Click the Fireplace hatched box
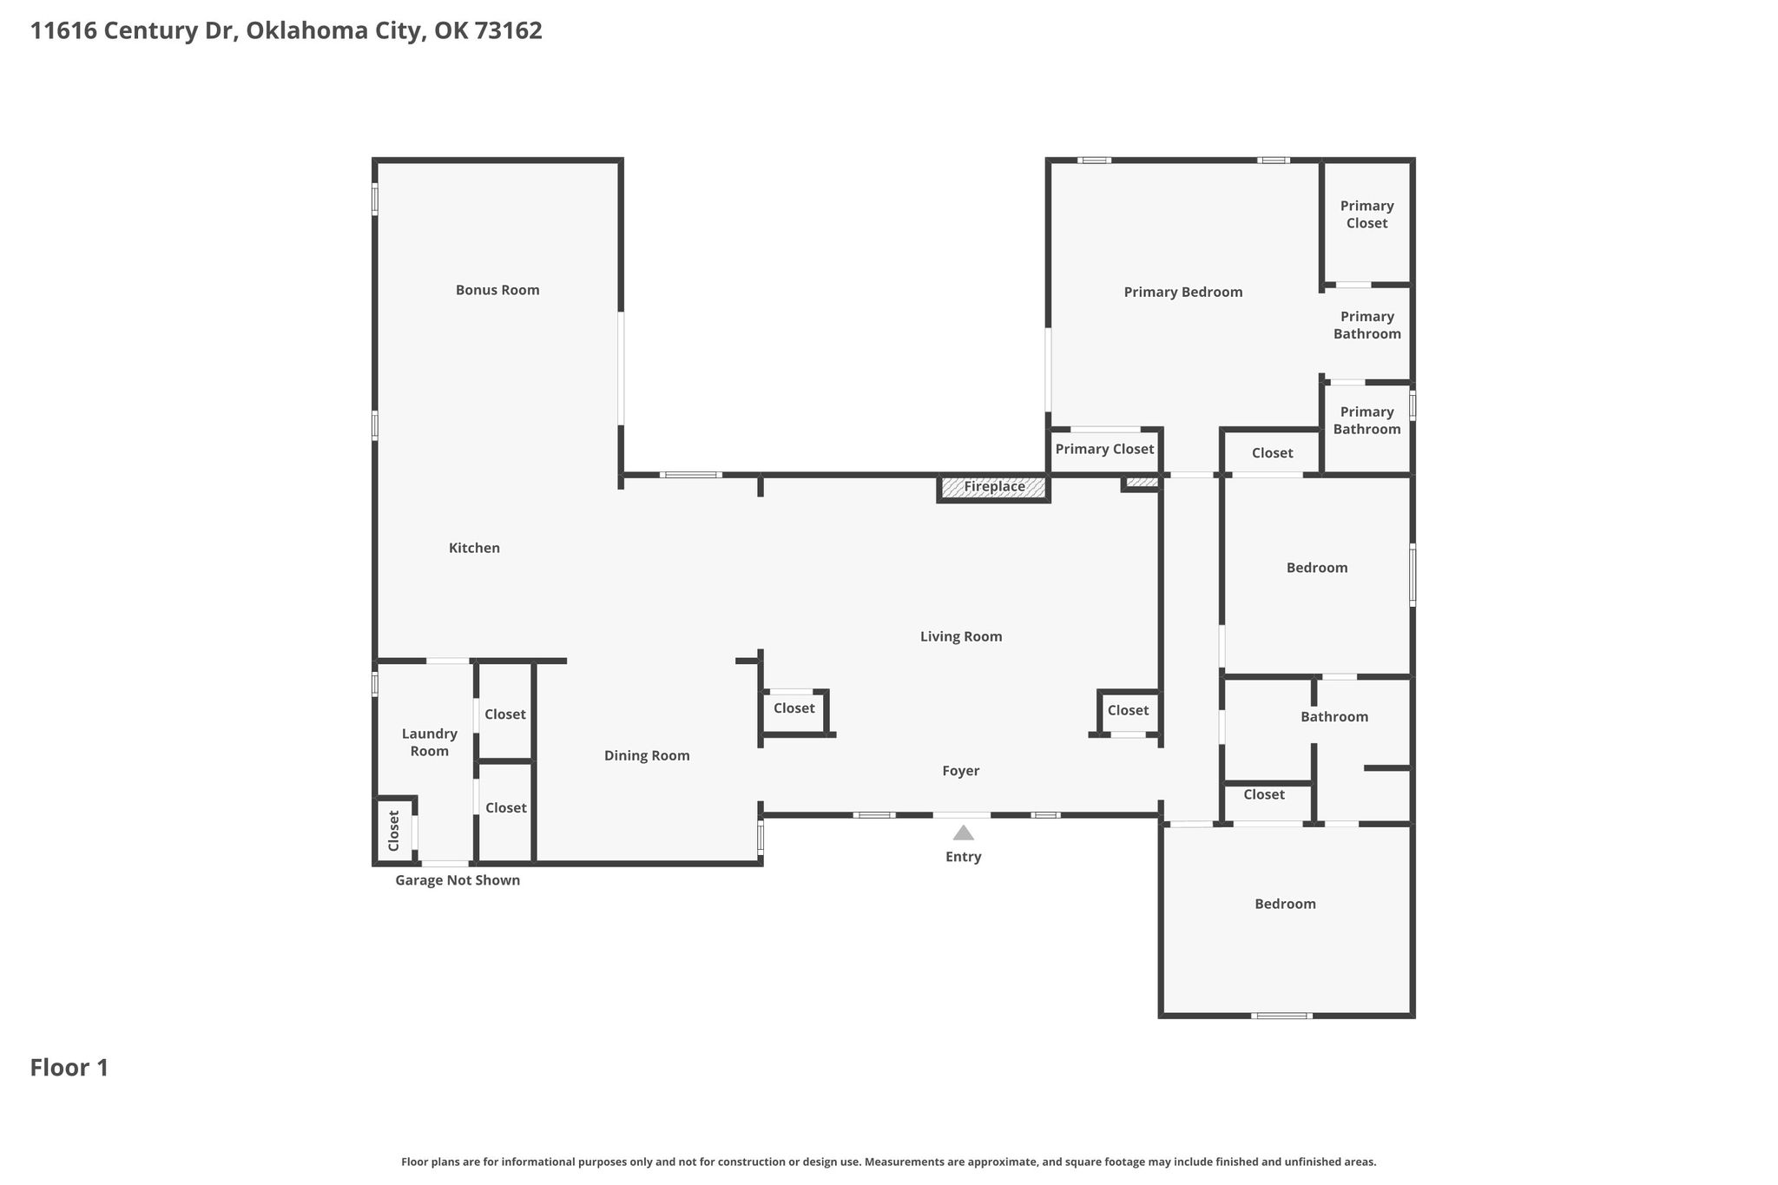tap(994, 487)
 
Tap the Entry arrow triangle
tap(964, 833)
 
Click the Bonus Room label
tap(497, 290)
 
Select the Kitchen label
tap(474, 548)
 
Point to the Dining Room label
tap(647, 756)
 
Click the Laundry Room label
tap(430, 742)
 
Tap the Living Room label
tap(961, 636)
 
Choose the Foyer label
tap(961, 771)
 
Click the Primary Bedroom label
tap(1183, 293)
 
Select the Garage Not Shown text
tap(458, 880)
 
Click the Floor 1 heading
tap(69, 1068)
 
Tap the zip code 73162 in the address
tap(509, 30)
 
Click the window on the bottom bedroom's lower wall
tap(1281, 1015)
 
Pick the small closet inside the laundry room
tap(394, 831)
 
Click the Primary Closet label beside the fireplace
tap(1104, 450)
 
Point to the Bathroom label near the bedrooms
tap(1334, 717)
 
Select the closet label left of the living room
tap(794, 708)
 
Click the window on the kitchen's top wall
tap(691, 475)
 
